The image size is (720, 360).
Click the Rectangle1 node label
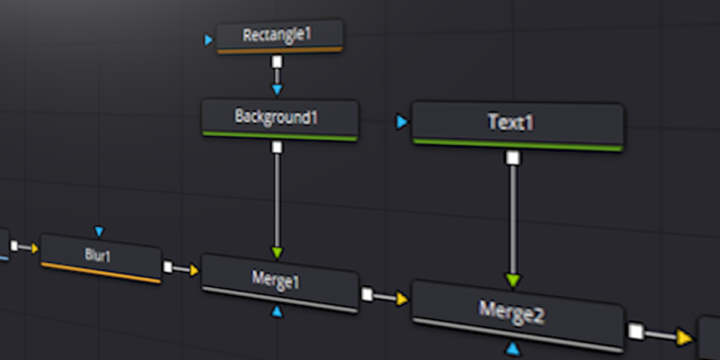click(x=277, y=35)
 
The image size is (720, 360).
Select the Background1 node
click(x=276, y=116)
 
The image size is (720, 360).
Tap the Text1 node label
click(x=511, y=122)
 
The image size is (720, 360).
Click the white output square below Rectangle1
click(x=277, y=62)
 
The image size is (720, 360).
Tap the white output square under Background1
click(x=277, y=147)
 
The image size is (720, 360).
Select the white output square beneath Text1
click(x=512, y=158)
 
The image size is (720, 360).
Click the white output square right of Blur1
click(x=168, y=267)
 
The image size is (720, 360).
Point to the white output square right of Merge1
click(x=367, y=294)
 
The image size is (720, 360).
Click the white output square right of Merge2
click(x=636, y=331)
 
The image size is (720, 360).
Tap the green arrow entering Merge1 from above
click(x=277, y=253)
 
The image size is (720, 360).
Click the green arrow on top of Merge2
click(x=512, y=280)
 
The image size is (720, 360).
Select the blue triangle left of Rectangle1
click(x=208, y=40)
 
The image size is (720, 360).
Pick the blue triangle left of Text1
click(x=401, y=122)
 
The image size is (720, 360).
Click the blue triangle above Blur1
click(x=100, y=232)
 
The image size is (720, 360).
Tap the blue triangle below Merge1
click(x=277, y=311)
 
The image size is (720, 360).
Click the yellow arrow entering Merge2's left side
click(x=401, y=299)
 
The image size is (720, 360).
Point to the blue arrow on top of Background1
click(x=277, y=90)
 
